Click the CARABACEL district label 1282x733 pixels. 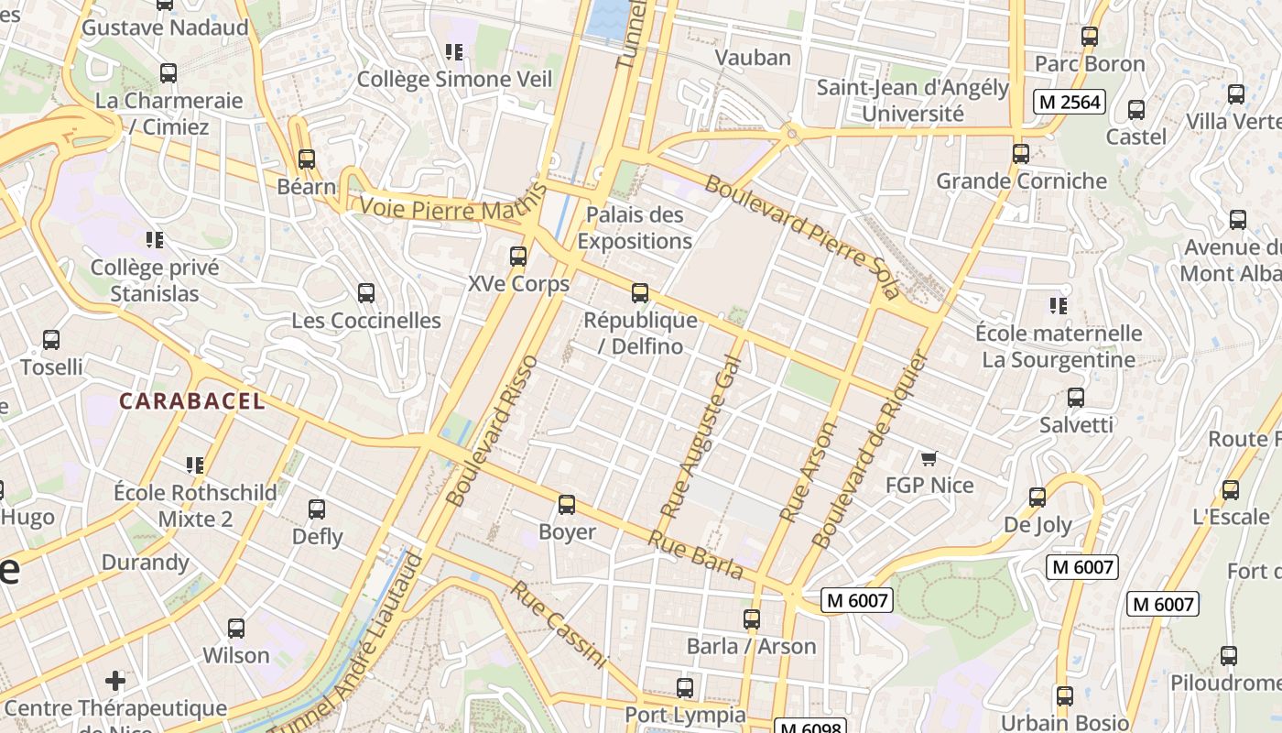pyautogui.click(x=192, y=400)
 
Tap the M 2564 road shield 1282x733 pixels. pyautogui.click(x=1070, y=102)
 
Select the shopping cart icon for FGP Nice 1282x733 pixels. pyautogui.click(x=929, y=458)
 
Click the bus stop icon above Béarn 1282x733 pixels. pyautogui.click(x=307, y=159)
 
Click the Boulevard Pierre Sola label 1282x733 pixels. pyautogui.click(x=802, y=235)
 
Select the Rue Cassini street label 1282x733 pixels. pyautogui.click(x=559, y=624)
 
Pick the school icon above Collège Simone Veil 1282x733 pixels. pyautogui.click(x=453, y=52)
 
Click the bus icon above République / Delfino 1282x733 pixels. pyautogui.click(x=640, y=293)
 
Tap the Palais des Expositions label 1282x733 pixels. pyautogui.click(x=635, y=228)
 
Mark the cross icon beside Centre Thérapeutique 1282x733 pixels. pyautogui.click(x=115, y=681)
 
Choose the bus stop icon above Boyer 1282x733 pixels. pyautogui.click(x=567, y=505)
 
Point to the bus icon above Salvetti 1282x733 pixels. pyautogui.click(x=1076, y=398)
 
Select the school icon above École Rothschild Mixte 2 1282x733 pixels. pyautogui.click(x=194, y=465)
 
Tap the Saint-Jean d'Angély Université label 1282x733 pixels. pyautogui.click(x=912, y=101)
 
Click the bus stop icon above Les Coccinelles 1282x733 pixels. pyautogui.click(x=366, y=293)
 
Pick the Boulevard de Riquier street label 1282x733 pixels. pyautogui.click(x=870, y=450)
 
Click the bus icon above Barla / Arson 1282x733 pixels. pyautogui.click(x=752, y=619)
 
